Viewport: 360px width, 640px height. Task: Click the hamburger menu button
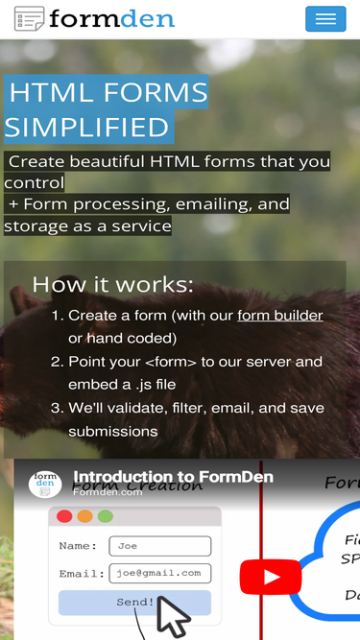(325, 19)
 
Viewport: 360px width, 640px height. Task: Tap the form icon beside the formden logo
(29, 18)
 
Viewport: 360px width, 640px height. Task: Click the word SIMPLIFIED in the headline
(87, 127)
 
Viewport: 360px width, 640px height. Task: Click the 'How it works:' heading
(112, 284)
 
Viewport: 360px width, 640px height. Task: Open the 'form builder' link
(280, 316)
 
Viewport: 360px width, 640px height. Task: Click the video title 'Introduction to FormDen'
(173, 477)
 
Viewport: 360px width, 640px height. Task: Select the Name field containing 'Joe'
(159, 546)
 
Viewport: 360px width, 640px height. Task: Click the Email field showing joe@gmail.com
(159, 573)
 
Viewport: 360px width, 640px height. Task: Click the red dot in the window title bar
(64, 516)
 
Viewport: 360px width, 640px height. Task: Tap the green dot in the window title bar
(106, 516)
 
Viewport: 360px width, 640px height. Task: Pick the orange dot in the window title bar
(84, 516)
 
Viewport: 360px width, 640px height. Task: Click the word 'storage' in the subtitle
(36, 226)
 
